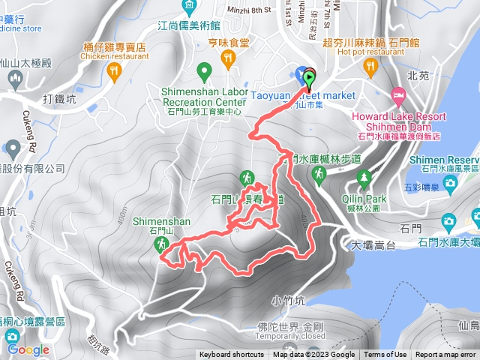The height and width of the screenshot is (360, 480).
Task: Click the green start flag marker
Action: coord(309,76)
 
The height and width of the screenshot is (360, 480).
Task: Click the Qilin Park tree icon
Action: coord(365,178)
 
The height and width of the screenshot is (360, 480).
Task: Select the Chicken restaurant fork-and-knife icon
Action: coord(114,72)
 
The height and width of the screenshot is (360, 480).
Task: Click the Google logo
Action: coord(28,349)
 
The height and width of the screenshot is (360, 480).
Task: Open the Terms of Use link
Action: coord(385,355)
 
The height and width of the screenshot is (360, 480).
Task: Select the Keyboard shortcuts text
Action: coord(231,355)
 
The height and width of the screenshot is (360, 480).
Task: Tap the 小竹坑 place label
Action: coord(287,300)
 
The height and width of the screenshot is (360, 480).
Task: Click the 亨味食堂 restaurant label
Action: coord(229,43)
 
